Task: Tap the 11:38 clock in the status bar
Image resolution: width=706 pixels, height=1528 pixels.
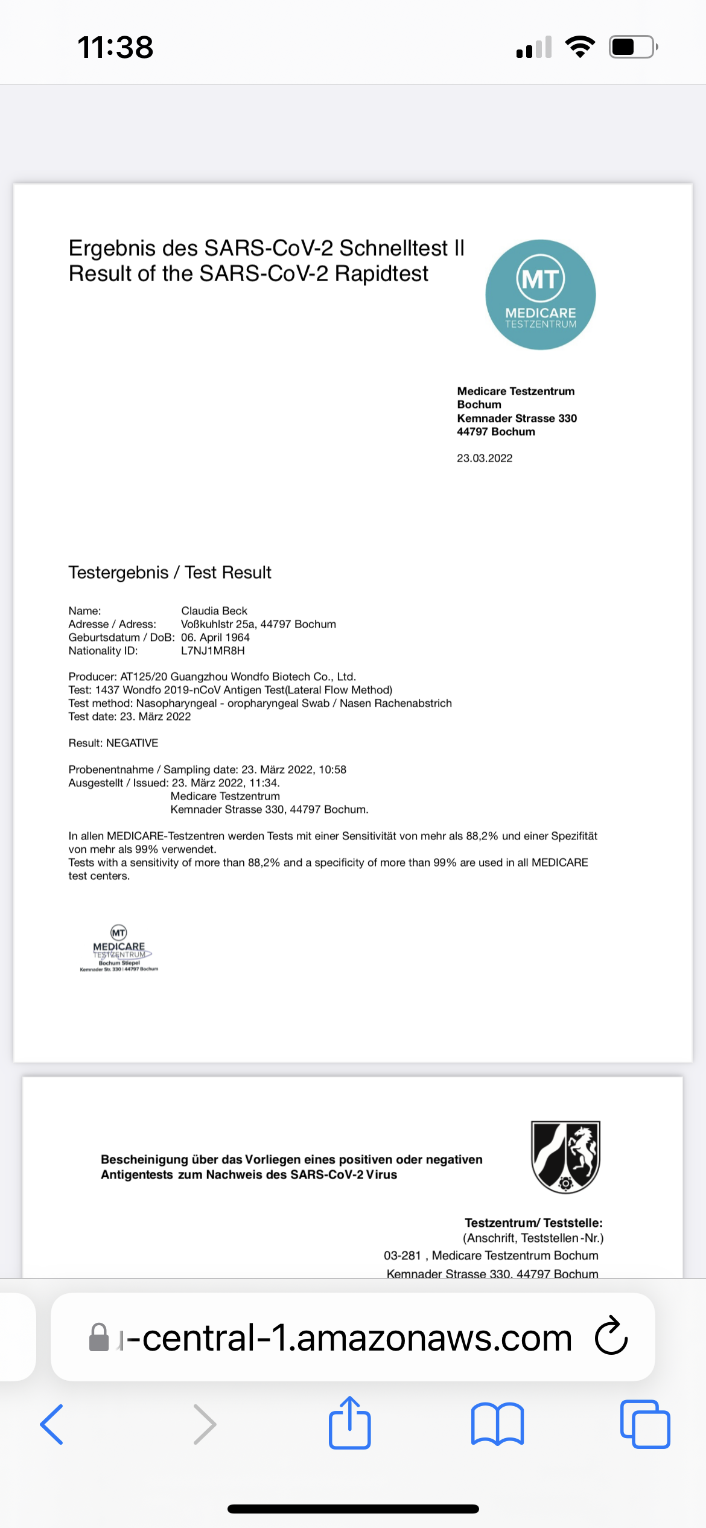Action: [x=115, y=47]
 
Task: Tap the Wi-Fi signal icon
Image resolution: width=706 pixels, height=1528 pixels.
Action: [x=580, y=46]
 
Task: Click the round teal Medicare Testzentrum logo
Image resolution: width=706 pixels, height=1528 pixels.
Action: [x=540, y=294]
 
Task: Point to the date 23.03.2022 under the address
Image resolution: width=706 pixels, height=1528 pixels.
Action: [x=484, y=458]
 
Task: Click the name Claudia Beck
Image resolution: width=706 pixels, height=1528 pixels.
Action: [x=214, y=611]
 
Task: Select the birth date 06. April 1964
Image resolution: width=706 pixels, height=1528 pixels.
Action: [x=215, y=637]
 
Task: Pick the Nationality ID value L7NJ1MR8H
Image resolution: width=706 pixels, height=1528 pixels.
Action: [x=213, y=651]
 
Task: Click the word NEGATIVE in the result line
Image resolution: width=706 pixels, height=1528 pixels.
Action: [x=132, y=743]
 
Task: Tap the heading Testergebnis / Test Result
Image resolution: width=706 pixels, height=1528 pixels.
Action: [x=170, y=572]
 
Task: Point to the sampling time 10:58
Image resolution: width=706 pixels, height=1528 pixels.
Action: [x=332, y=769]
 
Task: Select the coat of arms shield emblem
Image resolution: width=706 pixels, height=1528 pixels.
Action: [x=565, y=1157]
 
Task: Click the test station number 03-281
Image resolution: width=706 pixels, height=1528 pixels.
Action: [x=402, y=1255]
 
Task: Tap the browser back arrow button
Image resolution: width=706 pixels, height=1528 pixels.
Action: [x=52, y=1424]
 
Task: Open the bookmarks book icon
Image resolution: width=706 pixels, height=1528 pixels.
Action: [x=497, y=1424]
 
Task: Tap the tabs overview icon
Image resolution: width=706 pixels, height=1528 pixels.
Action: [x=644, y=1424]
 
